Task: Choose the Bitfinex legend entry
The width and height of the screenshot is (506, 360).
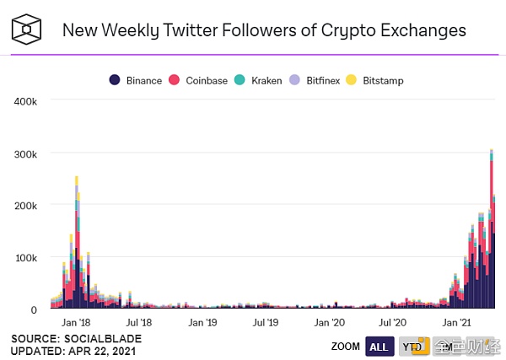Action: tap(324, 80)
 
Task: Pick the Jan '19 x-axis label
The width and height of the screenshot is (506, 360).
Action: tap(202, 322)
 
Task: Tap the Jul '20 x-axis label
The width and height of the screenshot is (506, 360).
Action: tap(394, 322)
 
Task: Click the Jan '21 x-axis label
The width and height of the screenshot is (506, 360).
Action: tap(457, 322)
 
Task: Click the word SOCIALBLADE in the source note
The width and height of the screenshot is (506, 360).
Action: tap(98, 338)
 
